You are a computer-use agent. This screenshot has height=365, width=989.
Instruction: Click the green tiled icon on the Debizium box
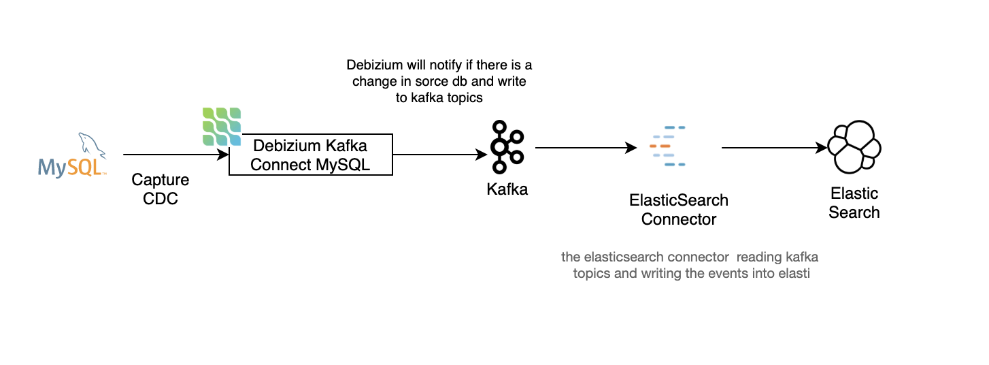(222, 126)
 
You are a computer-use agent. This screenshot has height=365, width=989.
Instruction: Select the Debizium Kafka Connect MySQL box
(310, 155)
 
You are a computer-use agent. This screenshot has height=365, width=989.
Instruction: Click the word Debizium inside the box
(281, 146)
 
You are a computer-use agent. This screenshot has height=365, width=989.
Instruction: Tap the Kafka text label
(507, 189)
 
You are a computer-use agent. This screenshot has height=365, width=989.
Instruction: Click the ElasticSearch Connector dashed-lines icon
(667, 146)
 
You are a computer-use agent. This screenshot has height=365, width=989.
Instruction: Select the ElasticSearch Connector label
(678, 210)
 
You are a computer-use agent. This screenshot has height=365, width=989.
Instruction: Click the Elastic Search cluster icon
(854, 147)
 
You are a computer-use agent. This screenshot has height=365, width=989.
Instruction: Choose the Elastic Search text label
(854, 203)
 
